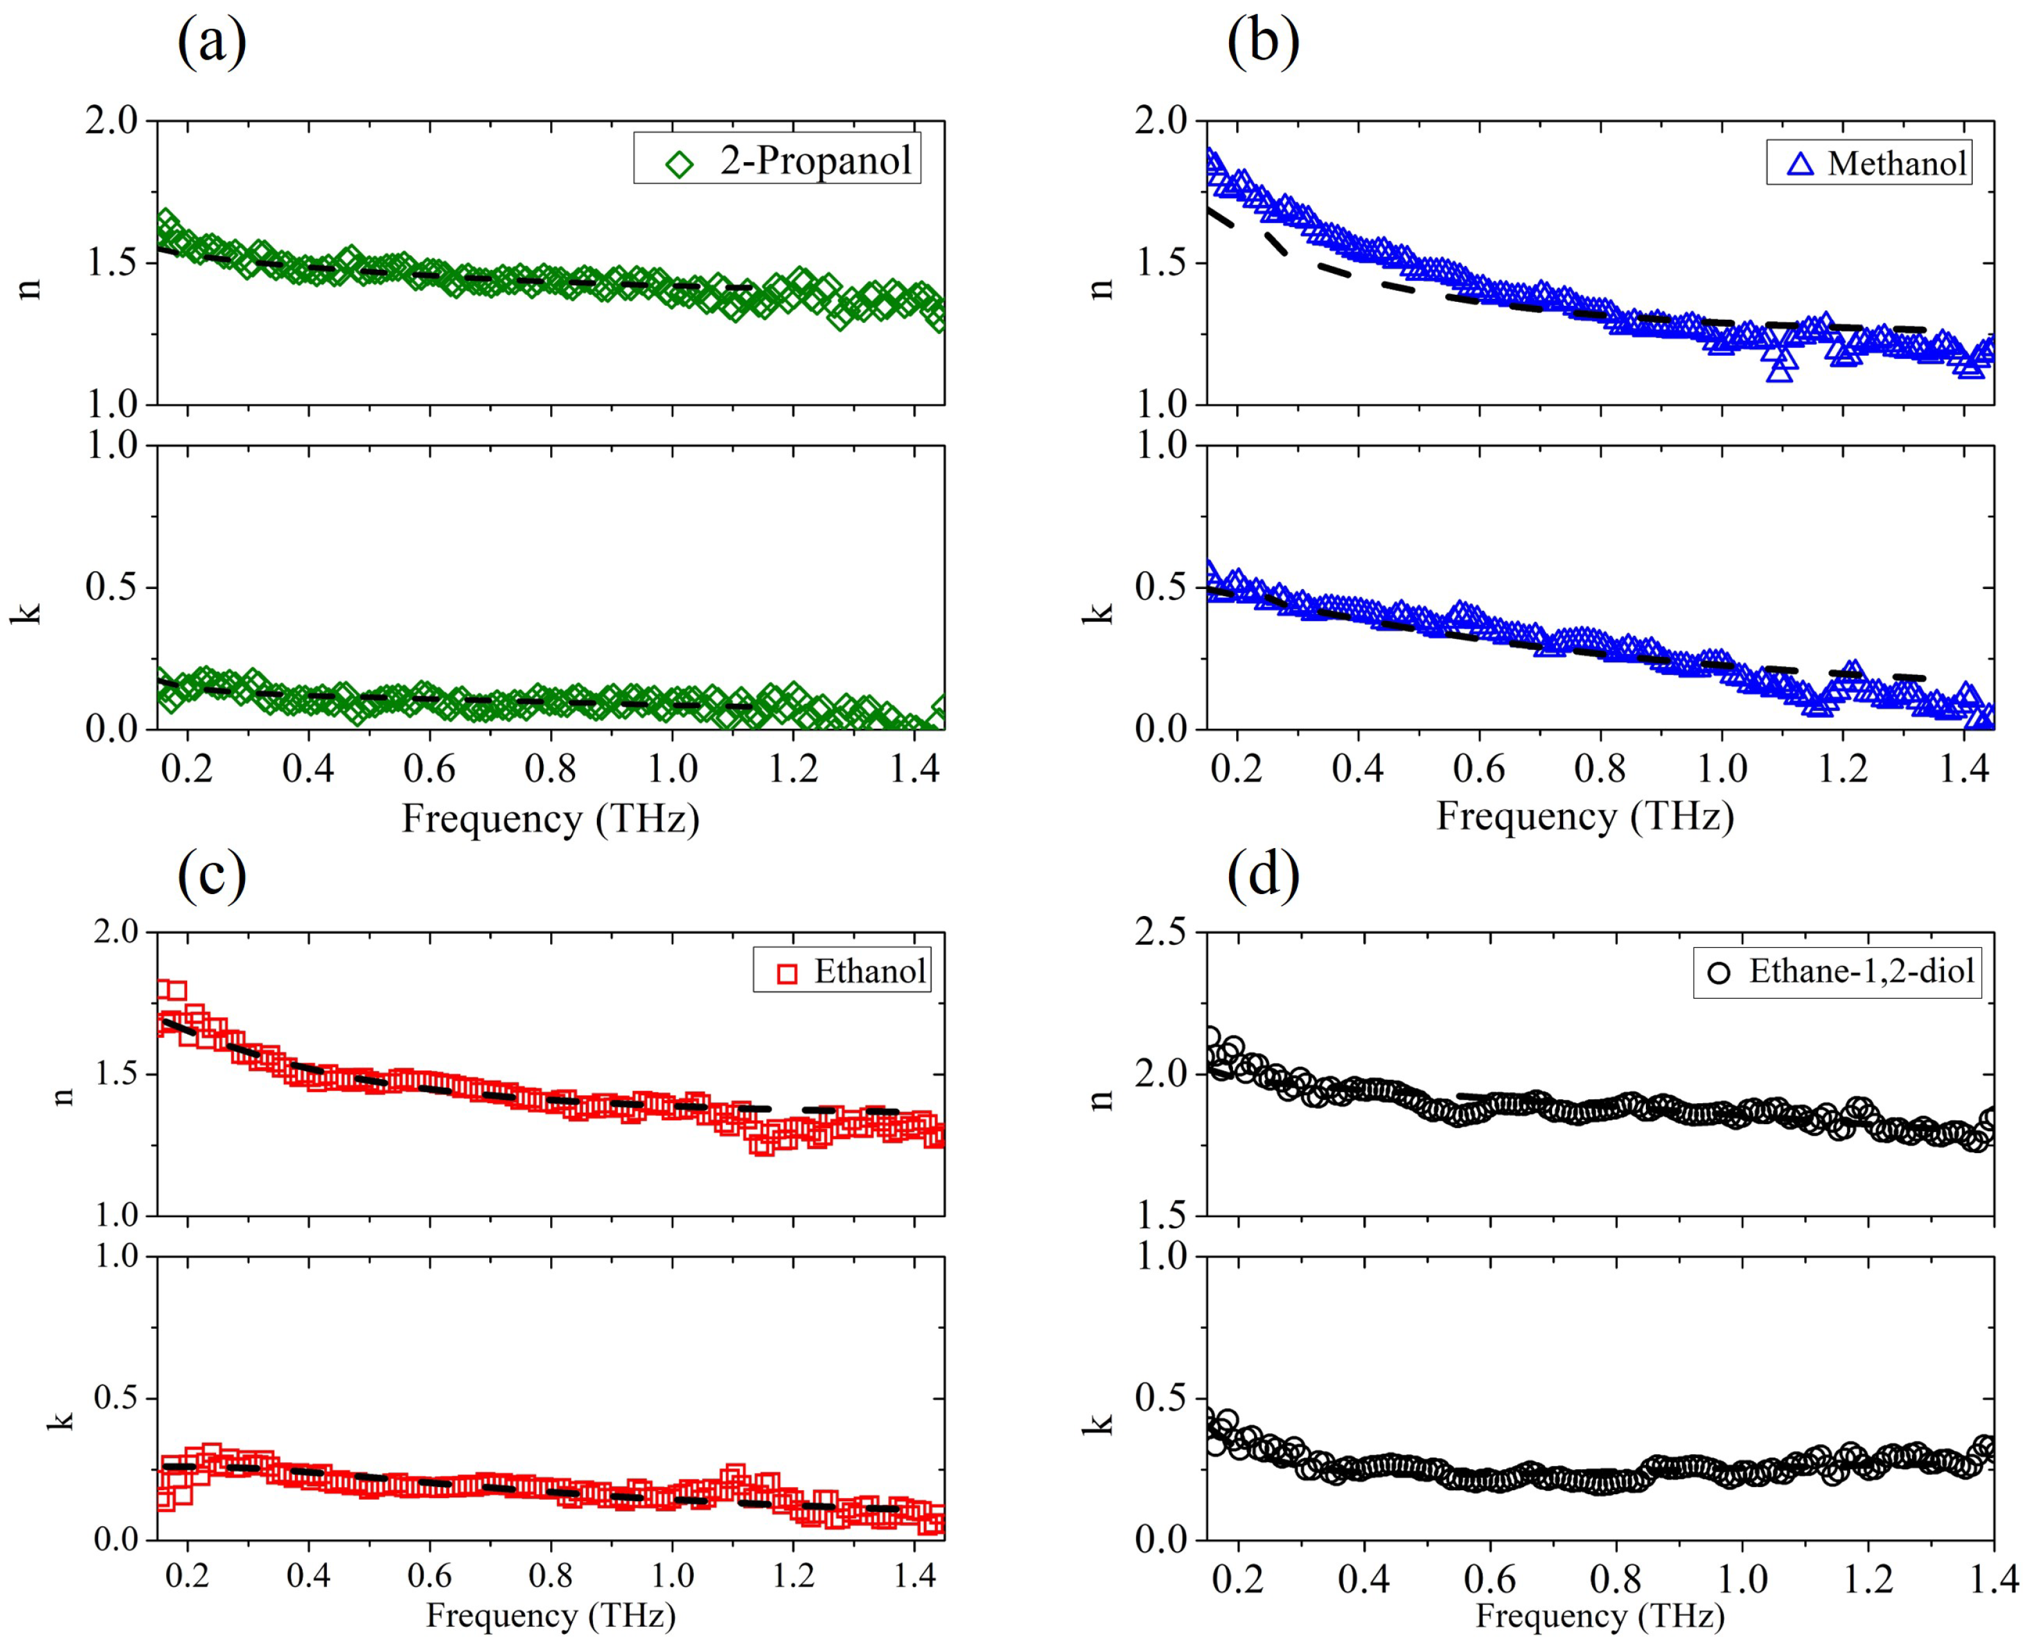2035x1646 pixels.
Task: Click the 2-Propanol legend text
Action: click(x=816, y=160)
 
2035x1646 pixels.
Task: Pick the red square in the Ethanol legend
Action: click(x=786, y=974)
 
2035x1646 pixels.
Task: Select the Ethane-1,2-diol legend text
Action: click(x=1861, y=972)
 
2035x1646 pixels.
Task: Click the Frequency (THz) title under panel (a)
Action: click(x=550, y=819)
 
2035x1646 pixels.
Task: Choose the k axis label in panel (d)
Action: click(x=1099, y=1422)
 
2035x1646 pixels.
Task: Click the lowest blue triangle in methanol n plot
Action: click(x=1780, y=370)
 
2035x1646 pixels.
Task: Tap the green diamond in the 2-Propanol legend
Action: click(x=679, y=164)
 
